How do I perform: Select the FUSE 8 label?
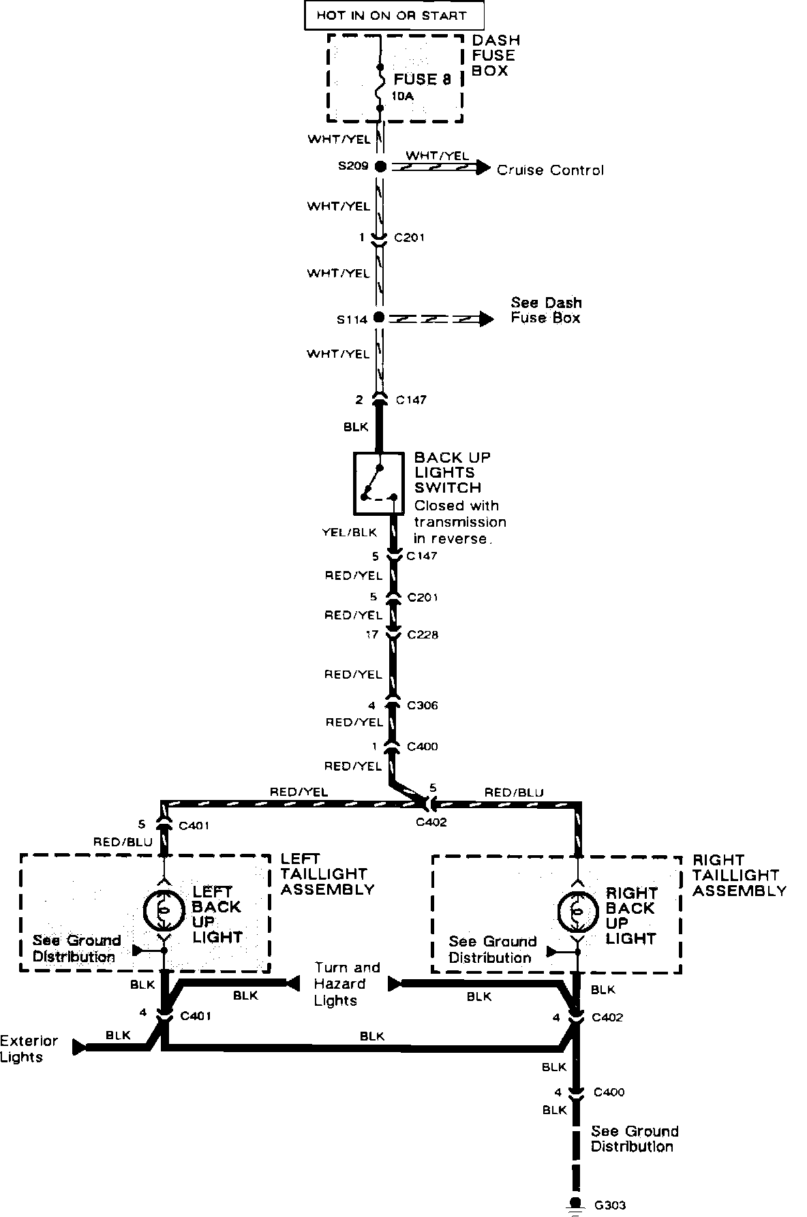point(422,79)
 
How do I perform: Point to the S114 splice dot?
point(380,318)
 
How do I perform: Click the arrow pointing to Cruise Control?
point(483,167)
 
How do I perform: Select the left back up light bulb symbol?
point(164,909)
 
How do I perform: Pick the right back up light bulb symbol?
point(578,910)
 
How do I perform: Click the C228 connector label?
point(423,635)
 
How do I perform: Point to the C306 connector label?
point(423,706)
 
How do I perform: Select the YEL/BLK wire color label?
point(349,532)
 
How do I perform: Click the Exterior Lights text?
point(29,1049)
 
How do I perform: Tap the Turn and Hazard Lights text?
point(347,984)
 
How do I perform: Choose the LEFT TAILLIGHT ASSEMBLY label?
point(327,874)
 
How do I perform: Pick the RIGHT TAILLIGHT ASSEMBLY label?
point(739,876)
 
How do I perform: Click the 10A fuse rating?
point(402,97)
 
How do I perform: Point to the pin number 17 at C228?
point(372,635)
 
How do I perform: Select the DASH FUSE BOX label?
point(494,56)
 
